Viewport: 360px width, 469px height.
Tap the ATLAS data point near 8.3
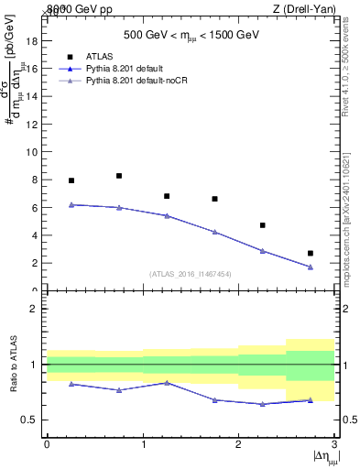[x=119, y=176]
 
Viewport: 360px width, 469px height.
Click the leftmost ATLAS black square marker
[x=71, y=180]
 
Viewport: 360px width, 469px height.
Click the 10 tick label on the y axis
[x=32, y=152]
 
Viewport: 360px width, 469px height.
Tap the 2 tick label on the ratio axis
[x=35, y=309]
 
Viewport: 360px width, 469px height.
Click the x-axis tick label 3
[x=334, y=444]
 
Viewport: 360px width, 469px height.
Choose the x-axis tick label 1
[x=143, y=444]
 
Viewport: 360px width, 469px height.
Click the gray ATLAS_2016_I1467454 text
[x=191, y=274]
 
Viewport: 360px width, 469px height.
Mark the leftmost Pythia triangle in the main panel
[x=71, y=204]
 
